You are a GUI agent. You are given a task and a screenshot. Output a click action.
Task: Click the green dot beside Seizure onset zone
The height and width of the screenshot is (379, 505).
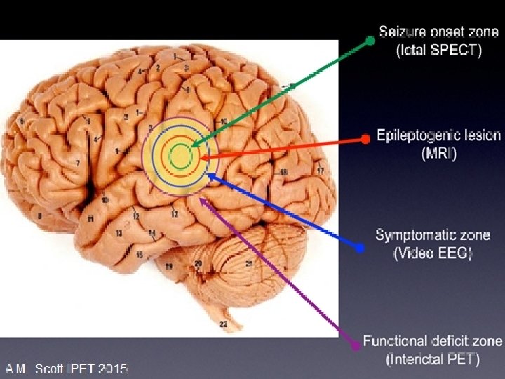click(370, 41)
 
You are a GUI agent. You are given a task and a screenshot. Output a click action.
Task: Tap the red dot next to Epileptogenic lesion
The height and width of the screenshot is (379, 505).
click(365, 139)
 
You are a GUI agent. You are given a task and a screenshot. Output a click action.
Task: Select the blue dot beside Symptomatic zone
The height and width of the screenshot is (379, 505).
click(360, 248)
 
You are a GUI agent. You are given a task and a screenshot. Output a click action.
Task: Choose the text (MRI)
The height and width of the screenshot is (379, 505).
click(439, 154)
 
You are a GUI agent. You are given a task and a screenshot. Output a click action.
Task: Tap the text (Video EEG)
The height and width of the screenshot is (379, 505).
click(433, 253)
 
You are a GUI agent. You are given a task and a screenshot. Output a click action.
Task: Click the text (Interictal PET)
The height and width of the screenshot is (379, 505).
click(433, 360)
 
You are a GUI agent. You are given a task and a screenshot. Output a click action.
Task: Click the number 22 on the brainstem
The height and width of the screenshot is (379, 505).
click(223, 324)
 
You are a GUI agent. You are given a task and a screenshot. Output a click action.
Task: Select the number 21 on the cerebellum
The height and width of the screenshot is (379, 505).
click(249, 264)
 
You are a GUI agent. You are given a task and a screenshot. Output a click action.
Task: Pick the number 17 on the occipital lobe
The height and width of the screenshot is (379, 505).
click(321, 171)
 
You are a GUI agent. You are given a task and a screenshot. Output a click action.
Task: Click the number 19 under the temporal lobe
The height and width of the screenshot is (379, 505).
click(168, 267)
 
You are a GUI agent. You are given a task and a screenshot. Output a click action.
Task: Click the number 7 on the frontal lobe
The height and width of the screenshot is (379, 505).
click(78, 163)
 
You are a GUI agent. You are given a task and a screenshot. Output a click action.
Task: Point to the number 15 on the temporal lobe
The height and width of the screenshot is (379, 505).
click(140, 253)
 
